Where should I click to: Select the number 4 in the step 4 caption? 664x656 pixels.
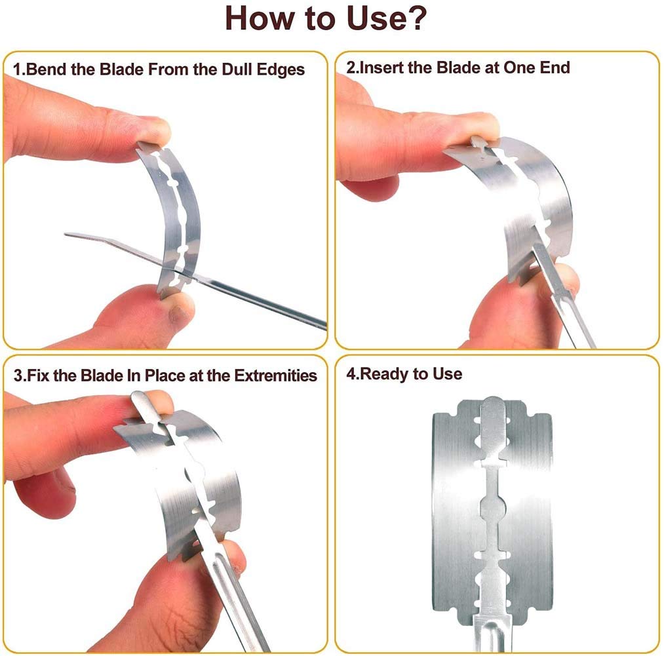pyautogui.click(x=351, y=374)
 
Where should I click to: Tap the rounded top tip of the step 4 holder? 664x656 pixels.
pyautogui.click(x=493, y=402)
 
